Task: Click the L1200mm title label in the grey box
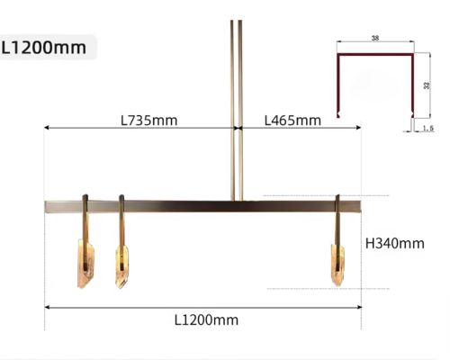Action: [x=44, y=48]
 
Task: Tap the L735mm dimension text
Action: [x=148, y=121]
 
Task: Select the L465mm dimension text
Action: [x=292, y=121]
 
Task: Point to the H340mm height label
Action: [x=395, y=243]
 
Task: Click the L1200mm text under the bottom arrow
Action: [x=206, y=320]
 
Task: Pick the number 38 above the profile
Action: [x=375, y=38]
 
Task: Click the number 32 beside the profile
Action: [x=427, y=85]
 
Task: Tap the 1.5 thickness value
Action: [x=428, y=128]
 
